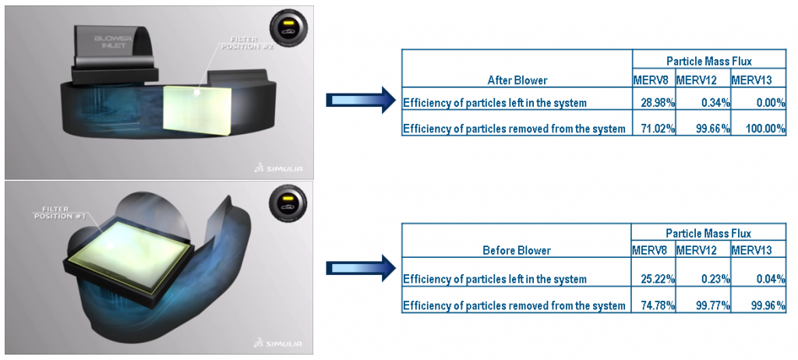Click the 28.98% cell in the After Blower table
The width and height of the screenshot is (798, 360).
pos(658,103)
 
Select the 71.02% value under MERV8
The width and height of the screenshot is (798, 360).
pos(658,129)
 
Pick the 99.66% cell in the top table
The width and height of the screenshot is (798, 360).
pos(713,129)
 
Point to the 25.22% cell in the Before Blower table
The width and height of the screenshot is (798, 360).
pos(658,279)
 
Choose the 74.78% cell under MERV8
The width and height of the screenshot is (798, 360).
pos(658,305)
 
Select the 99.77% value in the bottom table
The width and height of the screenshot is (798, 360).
pos(713,305)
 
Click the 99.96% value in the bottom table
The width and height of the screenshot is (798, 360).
pos(768,305)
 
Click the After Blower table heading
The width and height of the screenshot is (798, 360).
pos(517,80)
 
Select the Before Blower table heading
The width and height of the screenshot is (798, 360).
pos(517,251)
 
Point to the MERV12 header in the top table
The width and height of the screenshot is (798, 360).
pos(696,80)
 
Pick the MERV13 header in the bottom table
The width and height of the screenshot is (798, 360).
pos(751,251)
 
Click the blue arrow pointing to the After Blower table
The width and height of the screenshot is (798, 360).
pos(360,101)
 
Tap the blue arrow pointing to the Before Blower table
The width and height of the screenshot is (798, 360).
pos(360,268)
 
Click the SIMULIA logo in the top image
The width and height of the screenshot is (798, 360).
pos(281,167)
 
